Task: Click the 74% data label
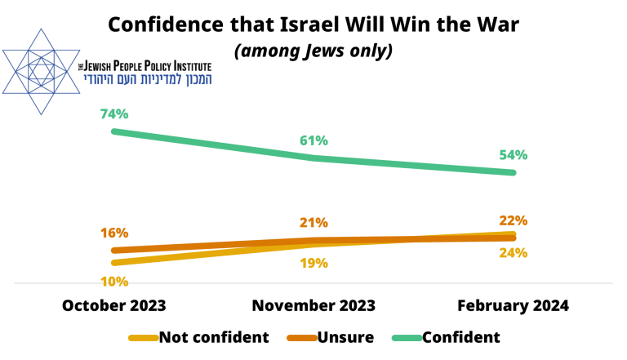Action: point(115,113)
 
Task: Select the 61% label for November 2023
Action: point(314,140)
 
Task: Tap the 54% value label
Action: point(514,155)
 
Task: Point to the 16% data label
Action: point(115,233)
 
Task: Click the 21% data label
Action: point(314,222)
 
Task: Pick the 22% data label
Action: point(514,220)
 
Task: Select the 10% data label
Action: point(115,282)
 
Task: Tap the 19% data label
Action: point(314,263)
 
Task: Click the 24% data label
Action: point(514,252)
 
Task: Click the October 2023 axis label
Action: point(114,305)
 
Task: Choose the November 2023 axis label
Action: point(314,305)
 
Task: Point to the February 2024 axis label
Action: point(513,305)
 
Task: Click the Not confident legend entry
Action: point(214,337)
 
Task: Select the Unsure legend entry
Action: point(347,337)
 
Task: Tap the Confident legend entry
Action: point(462,337)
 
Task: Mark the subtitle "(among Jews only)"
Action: point(314,51)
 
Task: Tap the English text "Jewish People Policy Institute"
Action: point(145,65)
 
